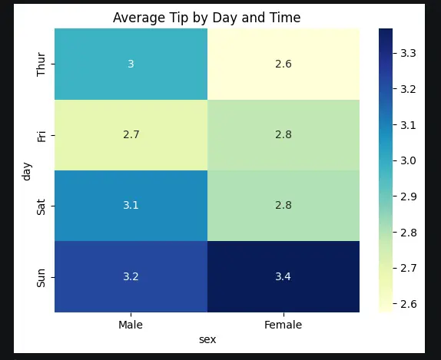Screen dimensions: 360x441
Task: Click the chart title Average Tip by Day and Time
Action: coord(207,18)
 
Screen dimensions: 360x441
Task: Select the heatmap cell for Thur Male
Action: coord(131,64)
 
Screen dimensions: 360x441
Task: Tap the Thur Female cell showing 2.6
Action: coord(283,64)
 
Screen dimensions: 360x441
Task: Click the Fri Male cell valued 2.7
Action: coord(131,134)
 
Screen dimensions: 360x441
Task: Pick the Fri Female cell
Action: coord(283,134)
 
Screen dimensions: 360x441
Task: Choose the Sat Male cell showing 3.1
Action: coord(131,206)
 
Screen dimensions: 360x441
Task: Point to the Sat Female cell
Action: coord(283,206)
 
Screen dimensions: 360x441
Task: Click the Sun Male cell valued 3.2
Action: coord(131,276)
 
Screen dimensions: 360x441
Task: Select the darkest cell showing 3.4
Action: coord(283,276)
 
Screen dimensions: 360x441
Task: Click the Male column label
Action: coord(131,325)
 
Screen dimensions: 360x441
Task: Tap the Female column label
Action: coord(283,325)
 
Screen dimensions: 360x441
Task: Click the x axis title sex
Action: coord(207,339)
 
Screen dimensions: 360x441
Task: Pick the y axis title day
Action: coord(27,170)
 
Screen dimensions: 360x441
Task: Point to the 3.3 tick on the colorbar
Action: coord(409,53)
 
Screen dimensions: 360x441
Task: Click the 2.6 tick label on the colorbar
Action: coord(409,303)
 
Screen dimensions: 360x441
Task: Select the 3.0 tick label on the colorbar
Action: coord(409,160)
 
